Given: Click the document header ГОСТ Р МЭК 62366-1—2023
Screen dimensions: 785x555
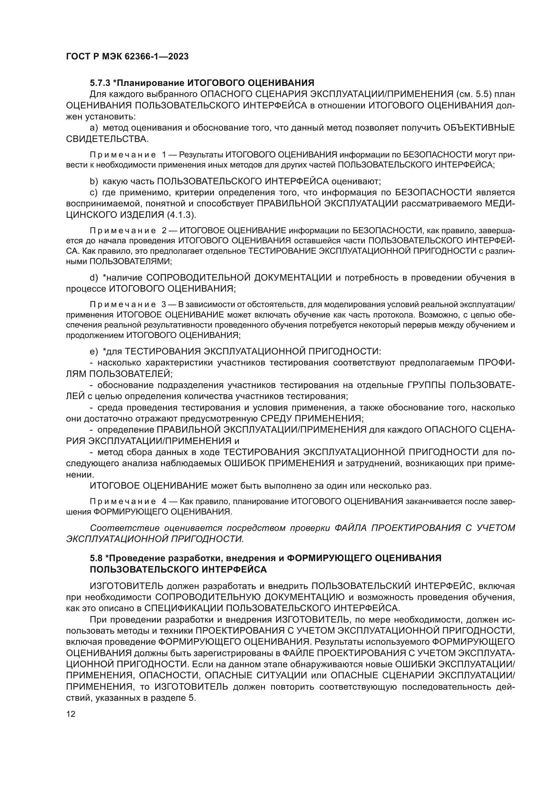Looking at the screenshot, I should pyautogui.click(x=127, y=57).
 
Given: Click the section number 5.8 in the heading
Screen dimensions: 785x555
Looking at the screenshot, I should pyautogui.click(x=96, y=558).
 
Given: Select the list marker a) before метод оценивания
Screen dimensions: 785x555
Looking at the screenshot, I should pyautogui.click(x=94, y=128).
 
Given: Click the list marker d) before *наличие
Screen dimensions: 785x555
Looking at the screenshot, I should pyautogui.click(x=94, y=278).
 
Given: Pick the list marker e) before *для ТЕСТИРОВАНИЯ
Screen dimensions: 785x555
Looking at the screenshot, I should pyautogui.click(x=94, y=351).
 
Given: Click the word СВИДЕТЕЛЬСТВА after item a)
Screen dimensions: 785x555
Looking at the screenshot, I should pyautogui.click(x=107, y=139).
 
